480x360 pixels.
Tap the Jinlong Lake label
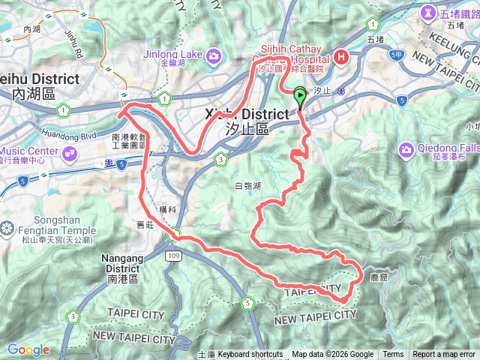(175, 54)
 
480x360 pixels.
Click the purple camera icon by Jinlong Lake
(214, 55)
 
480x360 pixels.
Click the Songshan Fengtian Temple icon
(7, 227)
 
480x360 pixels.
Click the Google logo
(28, 349)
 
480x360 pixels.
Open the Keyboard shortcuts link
(250, 355)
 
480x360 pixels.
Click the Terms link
(393, 355)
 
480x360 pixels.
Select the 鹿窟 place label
(379, 277)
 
